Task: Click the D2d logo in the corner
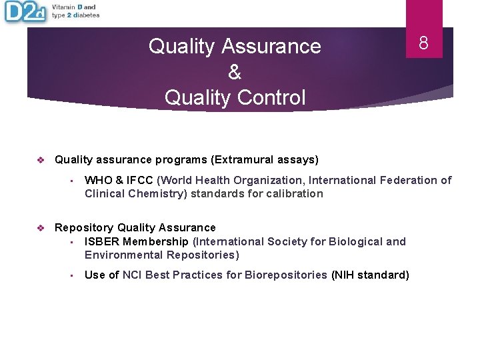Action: coord(25,13)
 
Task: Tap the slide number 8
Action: coord(423,43)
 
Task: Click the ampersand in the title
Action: coord(235,72)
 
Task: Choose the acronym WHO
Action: coord(98,180)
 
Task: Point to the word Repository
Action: coord(83,228)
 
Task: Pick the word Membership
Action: coord(157,241)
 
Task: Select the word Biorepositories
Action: coord(287,275)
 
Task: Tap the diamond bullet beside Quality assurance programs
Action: coord(41,160)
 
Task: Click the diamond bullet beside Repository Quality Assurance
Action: coord(41,228)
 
